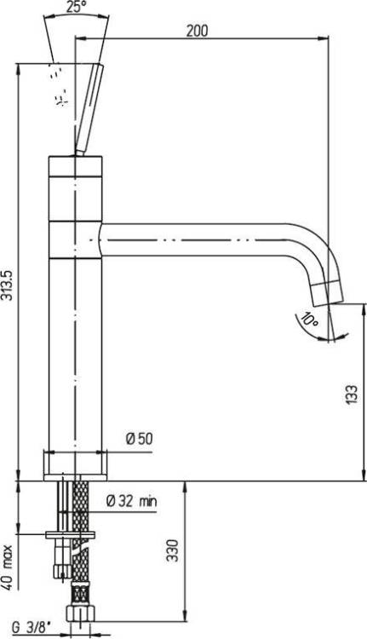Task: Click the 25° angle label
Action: pos(76,7)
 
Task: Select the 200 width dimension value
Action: pos(197,31)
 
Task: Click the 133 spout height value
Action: pos(352,394)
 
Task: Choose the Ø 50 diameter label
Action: pos(140,439)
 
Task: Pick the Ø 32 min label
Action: pos(131,501)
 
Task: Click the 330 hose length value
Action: pos(174,550)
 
